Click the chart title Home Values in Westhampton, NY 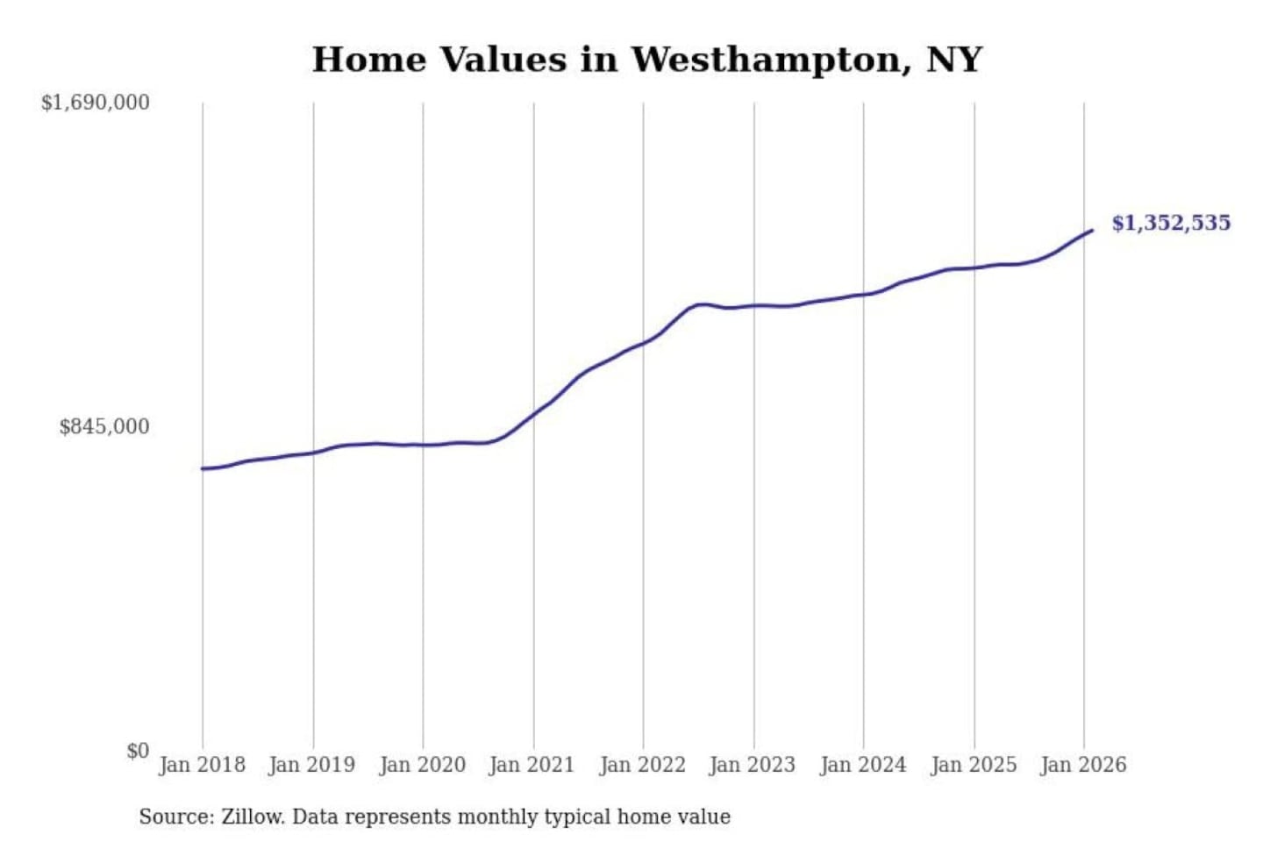(646, 60)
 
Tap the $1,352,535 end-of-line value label (1171, 223)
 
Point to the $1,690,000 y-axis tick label (95, 103)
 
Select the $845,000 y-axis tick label (103, 427)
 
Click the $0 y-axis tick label (137, 751)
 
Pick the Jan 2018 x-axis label (202, 765)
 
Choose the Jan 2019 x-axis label (311, 765)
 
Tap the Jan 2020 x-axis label (422, 765)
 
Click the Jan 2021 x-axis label (532, 765)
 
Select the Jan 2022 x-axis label (642, 765)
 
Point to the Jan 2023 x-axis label (752, 765)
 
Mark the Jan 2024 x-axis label (862, 765)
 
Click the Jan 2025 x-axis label (973, 765)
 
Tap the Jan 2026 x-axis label (1083, 765)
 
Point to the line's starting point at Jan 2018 (203, 468)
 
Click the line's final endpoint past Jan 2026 (1092, 231)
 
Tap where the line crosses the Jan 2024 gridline (863, 294)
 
